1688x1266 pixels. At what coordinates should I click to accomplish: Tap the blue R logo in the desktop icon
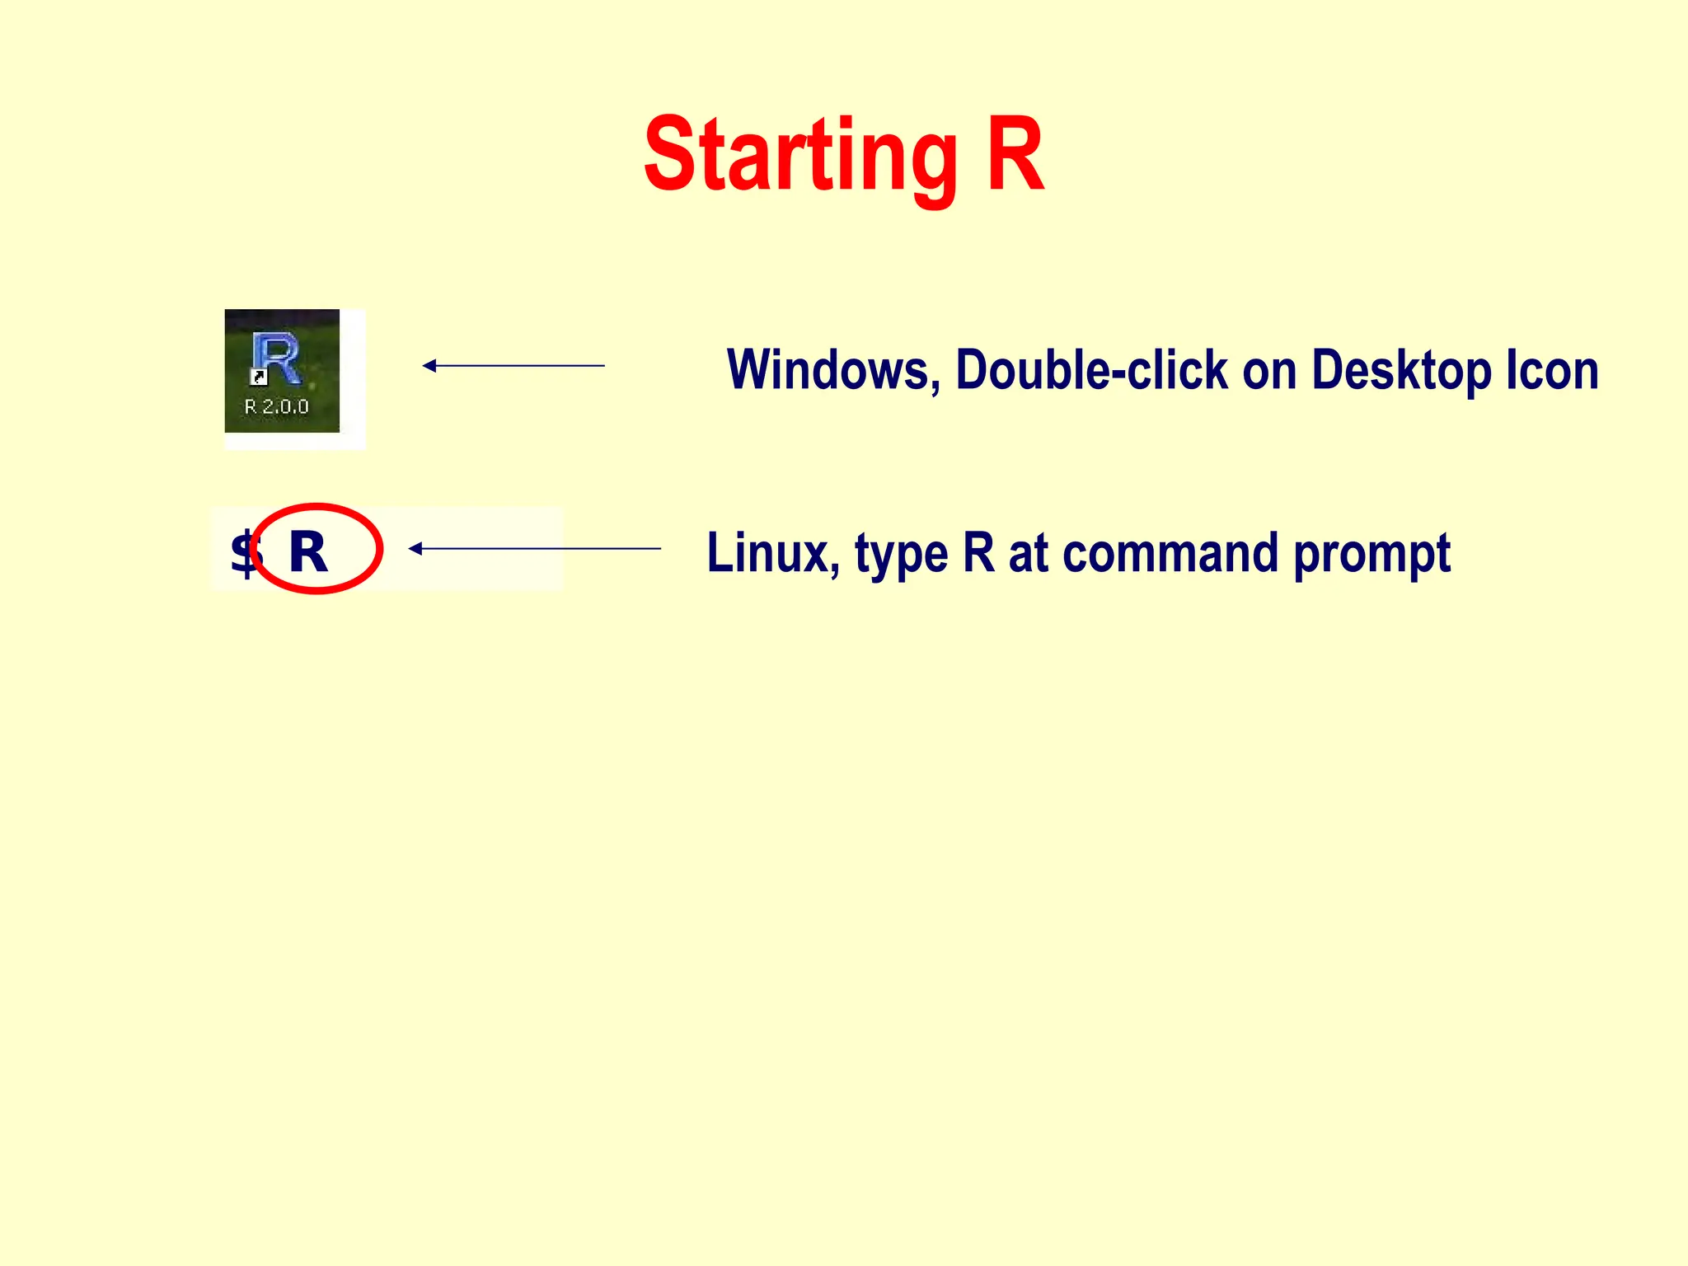pyautogui.click(x=276, y=358)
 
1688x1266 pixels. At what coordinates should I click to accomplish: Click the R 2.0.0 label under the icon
pyautogui.click(x=277, y=406)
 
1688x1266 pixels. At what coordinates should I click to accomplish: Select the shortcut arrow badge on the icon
pyautogui.click(x=258, y=377)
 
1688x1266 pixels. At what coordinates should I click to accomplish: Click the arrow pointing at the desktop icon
pyautogui.click(x=513, y=365)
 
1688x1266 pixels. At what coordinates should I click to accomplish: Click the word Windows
pyautogui.click(x=832, y=370)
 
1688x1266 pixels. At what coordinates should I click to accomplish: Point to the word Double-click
pyautogui.click(x=1091, y=370)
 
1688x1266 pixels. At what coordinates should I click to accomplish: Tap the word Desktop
pyautogui.click(x=1401, y=370)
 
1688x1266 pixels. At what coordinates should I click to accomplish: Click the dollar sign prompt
pyautogui.click(x=244, y=553)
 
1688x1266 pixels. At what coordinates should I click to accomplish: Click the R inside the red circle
pyautogui.click(x=308, y=552)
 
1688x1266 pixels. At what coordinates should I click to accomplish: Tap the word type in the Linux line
pyautogui.click(x=902, y=555)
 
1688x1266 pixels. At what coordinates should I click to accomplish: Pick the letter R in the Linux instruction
pyautogui.click(x=978, y=553)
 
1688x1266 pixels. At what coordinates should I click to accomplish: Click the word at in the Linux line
pyautogui.click(x=1028, y=553)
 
